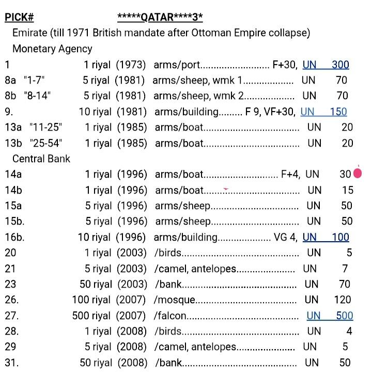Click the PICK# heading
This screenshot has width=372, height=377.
pos(19,18)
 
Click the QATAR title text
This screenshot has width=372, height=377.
pos(160,18)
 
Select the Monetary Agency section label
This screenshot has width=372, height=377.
pos(52,49)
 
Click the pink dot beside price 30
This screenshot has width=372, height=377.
pos(357,174)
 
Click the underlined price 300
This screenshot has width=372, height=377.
pos(340,65)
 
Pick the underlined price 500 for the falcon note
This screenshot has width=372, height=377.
pos(345,316)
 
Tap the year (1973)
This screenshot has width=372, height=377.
pos(131,65)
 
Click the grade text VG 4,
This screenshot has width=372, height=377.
pos(286,237)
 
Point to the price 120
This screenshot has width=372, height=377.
pos(343,300)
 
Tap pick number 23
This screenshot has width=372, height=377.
pos(10,284)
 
